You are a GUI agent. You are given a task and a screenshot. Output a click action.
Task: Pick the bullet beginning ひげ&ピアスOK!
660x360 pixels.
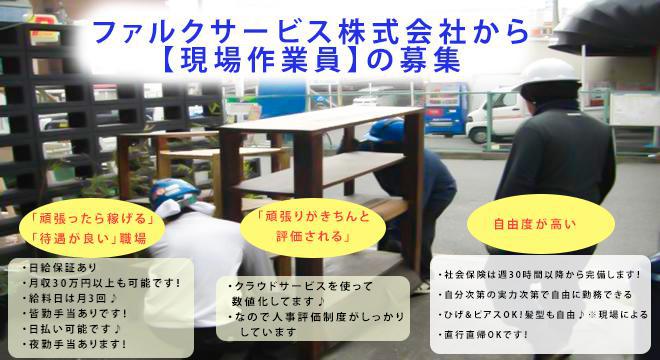(545, 314)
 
